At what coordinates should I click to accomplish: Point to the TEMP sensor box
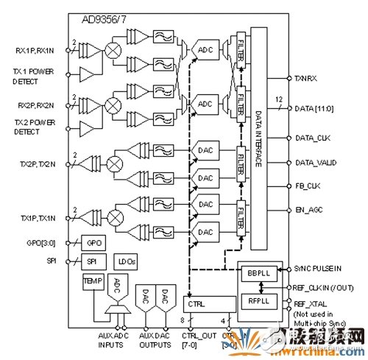click(94, 281)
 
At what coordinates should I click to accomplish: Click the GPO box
click(94, 242)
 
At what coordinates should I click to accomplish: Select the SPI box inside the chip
click(92, 261)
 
